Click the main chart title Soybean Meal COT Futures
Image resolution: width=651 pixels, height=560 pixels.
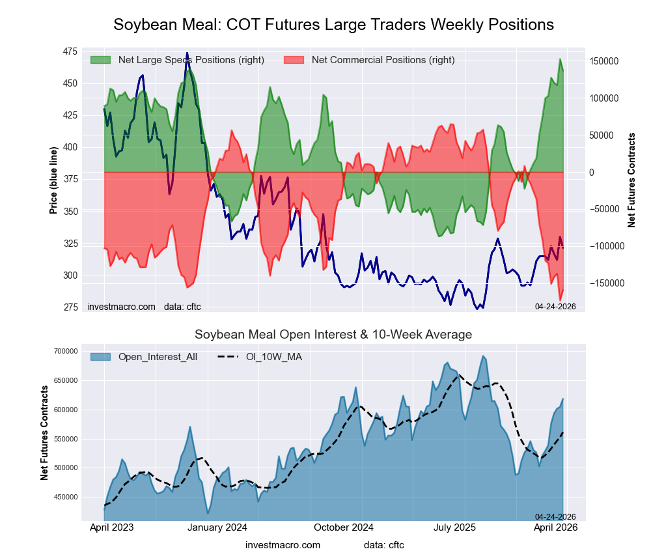(x=333, y=25)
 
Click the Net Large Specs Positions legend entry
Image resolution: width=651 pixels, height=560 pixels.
(x=191, y=60)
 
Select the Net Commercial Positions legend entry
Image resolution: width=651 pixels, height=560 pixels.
(x=383, y=60)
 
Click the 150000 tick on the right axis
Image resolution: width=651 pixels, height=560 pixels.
(x=603, y=61)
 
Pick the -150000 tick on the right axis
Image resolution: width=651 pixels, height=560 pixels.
(x=602, y=283)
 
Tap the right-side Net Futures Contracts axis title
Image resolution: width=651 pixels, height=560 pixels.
(x=631, y=180)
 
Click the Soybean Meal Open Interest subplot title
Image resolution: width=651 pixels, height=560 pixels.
(x=333, y=335)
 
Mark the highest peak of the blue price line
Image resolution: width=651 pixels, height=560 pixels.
(x=187, y=53)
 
